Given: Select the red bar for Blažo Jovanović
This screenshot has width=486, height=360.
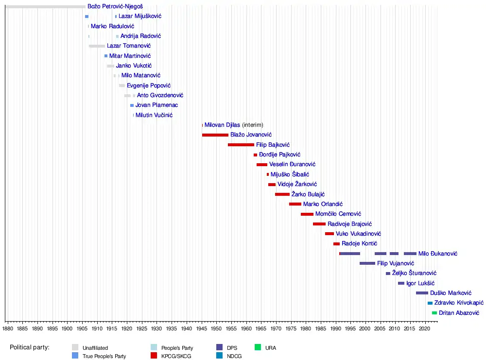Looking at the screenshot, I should (x=215, y=135).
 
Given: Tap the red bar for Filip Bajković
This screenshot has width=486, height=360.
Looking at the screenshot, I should (x=241, y=145).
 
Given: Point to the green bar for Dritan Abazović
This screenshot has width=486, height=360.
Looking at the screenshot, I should (x=434, y=313).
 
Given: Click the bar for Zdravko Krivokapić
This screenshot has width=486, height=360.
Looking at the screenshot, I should (x=430, y=303).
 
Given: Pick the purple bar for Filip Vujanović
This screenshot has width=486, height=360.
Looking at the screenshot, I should (x=367, y=263).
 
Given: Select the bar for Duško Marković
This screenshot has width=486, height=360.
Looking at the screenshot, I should (x=422, y=293).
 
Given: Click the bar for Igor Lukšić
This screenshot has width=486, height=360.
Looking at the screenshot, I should (x=401, y=283).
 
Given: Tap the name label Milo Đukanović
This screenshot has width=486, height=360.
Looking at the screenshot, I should (x=437, y=254).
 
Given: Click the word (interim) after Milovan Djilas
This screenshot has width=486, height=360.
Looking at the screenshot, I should (x=253, y=125).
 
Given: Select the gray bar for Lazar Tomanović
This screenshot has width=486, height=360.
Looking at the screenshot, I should (x=97, y=46).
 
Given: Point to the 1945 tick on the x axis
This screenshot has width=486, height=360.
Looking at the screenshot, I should (x=201, y=321).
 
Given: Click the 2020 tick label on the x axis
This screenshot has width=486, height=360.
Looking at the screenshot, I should (x=424, y=329).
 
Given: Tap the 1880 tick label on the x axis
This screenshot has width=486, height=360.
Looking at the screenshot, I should (x=7, y=329).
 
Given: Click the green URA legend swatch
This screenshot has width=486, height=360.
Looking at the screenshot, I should (x=258, y=347).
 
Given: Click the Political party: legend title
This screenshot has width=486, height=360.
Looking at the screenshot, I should (x=33, y=347).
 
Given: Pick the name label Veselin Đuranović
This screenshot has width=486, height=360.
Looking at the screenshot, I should (x=292, y=164).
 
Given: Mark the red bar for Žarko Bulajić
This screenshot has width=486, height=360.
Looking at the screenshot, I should (x=282, y=194).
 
